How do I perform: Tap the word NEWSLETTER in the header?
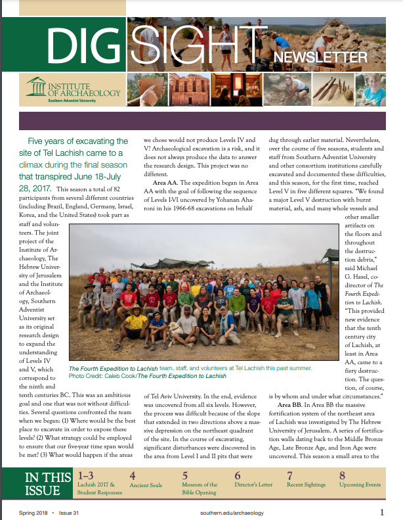[320, 57]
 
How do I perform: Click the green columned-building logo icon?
[36, 87]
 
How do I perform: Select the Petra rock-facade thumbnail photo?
[187, 89]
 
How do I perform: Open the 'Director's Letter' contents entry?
[254, 485]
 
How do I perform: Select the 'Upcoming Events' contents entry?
[360, 485]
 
